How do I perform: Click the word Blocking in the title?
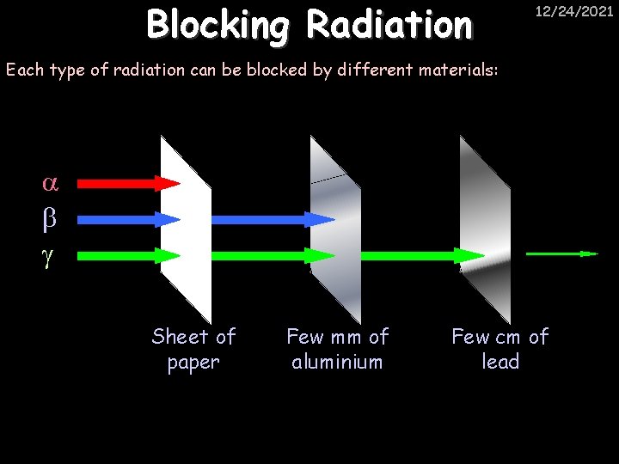219,25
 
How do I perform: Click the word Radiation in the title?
389,25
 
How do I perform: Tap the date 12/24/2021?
574,12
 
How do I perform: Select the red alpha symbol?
49,183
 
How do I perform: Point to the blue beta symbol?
49,219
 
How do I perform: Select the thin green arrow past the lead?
561,254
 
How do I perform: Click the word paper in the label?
193,363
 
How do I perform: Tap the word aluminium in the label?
337,362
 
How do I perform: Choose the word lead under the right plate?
500,362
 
